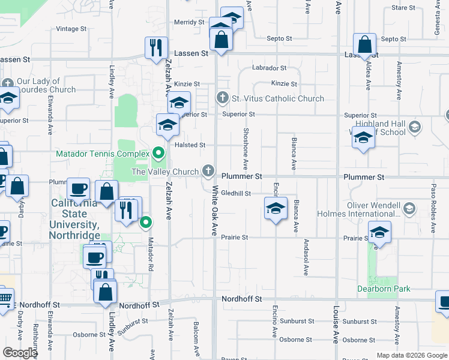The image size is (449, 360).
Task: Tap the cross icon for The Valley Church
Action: [208, 172]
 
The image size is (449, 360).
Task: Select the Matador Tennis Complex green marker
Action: [159, 154]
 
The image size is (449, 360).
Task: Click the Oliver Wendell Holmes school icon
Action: [409, 209]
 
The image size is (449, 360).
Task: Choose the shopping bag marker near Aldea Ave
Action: [364, 44]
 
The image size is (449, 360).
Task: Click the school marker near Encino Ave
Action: [275, 209]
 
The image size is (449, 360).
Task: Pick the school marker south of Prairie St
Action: [379, 233]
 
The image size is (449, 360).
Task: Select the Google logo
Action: [20, 353]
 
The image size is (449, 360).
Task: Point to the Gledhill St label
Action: [235, 193]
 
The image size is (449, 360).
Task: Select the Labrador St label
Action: [269, 68]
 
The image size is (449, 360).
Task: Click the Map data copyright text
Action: [411, 355]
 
